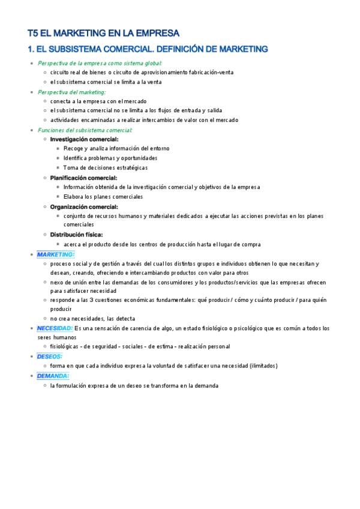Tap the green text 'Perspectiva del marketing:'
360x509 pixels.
71,92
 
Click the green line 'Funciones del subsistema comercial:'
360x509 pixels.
85,130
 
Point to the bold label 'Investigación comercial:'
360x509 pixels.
84,139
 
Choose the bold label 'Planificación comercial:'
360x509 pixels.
83,178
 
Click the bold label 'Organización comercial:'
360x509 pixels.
84,206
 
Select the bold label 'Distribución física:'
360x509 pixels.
76,235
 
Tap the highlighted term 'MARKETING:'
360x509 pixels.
55,254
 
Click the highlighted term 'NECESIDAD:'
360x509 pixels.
55,328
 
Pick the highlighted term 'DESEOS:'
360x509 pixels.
49,356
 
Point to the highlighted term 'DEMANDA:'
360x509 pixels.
53,376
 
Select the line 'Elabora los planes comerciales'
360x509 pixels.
103,196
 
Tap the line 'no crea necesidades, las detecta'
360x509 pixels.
93,318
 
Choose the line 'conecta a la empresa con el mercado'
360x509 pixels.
98,101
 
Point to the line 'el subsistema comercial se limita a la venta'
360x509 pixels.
106,82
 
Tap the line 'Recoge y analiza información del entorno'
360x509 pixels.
116,148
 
